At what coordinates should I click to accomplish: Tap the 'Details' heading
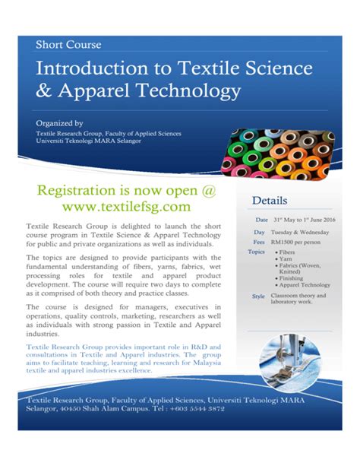click(x=266, y=201)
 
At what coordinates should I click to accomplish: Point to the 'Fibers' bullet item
click(x=287, y=252)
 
